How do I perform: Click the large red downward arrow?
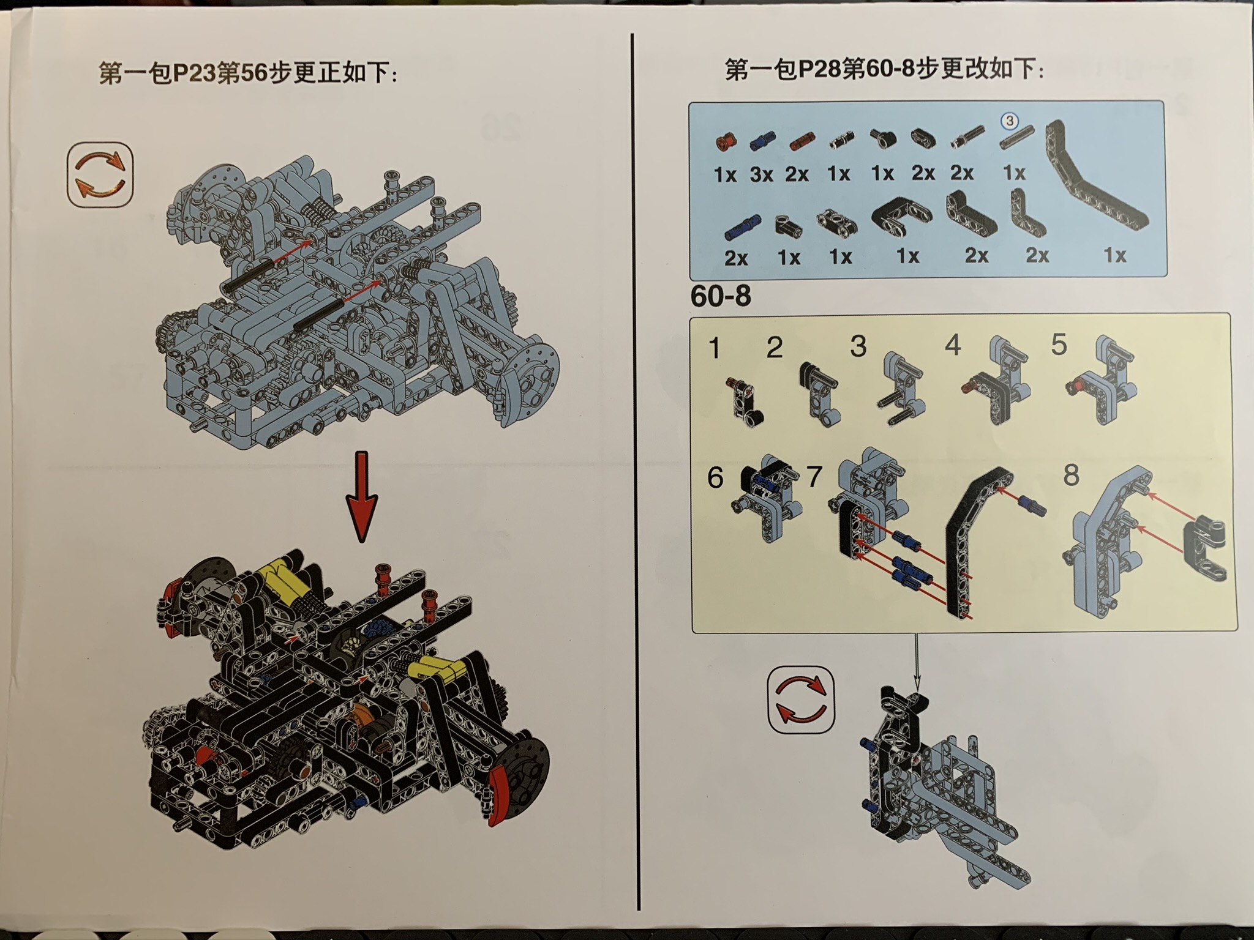coord(362,496)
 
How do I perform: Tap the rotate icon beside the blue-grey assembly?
coord(100,175)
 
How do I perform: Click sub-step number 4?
coord(952,346)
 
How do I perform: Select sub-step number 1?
coord(714,348)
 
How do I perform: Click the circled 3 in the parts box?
coord(1010,121)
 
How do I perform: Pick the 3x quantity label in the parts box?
coord(761,175)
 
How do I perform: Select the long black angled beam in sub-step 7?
coord(967,539)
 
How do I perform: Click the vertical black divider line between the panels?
coord(634,465)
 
